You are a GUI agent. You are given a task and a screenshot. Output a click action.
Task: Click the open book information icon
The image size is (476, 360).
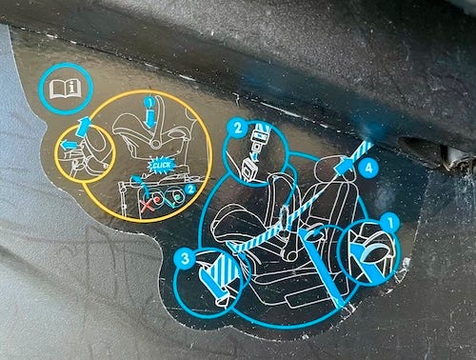66,89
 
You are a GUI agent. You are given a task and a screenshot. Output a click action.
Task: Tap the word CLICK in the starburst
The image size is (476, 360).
162,166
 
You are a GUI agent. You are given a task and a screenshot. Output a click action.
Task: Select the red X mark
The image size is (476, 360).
149,203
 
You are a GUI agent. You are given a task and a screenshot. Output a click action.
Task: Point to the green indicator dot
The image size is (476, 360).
179,197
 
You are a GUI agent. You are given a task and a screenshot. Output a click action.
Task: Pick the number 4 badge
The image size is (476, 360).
368,167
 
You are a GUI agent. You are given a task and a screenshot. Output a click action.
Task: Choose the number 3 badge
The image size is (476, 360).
185,258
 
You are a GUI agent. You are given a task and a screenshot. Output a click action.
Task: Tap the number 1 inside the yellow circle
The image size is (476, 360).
149,103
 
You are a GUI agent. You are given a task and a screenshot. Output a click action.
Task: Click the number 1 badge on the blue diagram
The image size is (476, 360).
390,222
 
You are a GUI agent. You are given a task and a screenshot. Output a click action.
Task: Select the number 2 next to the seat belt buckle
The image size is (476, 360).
238,129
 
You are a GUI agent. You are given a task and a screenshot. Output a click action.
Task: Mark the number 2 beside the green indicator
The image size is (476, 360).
190,190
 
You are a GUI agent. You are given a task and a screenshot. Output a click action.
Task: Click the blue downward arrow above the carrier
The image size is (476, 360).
149,118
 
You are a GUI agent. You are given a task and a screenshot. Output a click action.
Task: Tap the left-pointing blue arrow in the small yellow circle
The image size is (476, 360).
69,145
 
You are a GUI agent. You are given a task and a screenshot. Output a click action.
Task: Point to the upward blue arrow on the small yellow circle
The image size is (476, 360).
84,126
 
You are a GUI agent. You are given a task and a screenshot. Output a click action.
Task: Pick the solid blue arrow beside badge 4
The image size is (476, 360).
346,166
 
